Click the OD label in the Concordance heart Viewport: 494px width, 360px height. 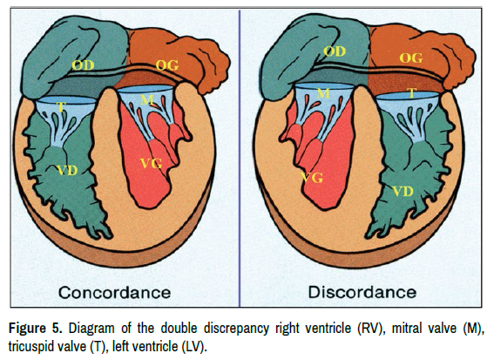(x=83, y=65)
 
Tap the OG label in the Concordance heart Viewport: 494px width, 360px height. (x=167, y=65)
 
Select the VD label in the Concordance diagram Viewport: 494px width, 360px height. (x=68, y=171)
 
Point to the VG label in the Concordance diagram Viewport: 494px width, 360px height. (x=151, y=163)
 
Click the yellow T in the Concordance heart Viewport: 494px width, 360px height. (x=61, y=107)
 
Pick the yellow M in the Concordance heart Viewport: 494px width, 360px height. (x=147, y=100)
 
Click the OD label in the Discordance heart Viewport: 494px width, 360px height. (x=335, y=51)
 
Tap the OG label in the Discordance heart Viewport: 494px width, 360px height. (x=411, y=58)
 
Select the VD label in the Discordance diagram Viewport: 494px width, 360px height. (x=403, y=192)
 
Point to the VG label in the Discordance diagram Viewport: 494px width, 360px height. (x=312, y=178)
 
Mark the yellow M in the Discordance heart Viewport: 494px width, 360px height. (x=323, y=93)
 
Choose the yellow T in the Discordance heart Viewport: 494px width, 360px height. (x=411, y=93)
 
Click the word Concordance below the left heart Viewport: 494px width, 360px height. (x=115, y=292)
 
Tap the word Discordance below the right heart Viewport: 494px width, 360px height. (x=362, y=292)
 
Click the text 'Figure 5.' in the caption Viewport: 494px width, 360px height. (x=36, y=329)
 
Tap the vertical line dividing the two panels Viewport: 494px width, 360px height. (x=240, y=159)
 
